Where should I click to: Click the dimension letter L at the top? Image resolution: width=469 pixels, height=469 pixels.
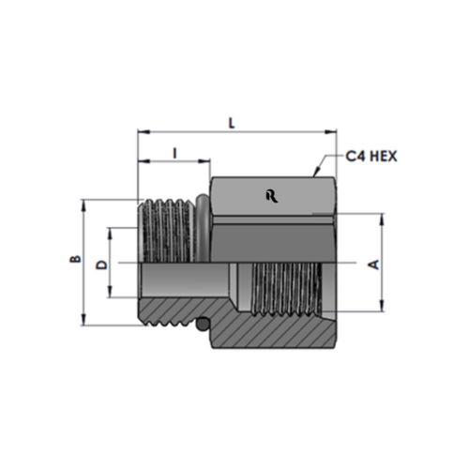coord(232,124)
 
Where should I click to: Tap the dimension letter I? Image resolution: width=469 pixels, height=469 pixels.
coord(175,153)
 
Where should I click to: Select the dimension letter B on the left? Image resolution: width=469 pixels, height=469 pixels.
coord(75,259)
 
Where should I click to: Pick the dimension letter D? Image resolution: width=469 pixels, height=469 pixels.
coord(102,265)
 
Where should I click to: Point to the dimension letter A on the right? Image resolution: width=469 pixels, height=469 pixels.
coord(373,265)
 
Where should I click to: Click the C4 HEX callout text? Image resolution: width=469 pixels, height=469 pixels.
coord(371,157)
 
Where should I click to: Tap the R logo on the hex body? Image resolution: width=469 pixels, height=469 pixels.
coord(272,197)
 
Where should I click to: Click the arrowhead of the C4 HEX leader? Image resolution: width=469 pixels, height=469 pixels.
coord(316,173)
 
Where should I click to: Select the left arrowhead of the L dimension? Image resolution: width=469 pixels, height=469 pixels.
coord(143,131)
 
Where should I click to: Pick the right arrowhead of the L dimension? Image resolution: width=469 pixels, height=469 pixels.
coord(331,131)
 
